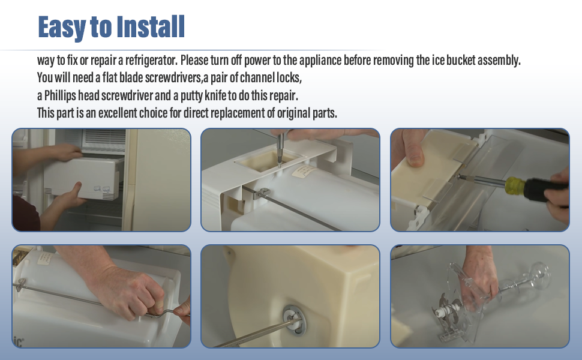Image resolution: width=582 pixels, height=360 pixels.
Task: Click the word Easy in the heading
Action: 62,27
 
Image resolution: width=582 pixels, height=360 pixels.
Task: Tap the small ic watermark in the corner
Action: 19,341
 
